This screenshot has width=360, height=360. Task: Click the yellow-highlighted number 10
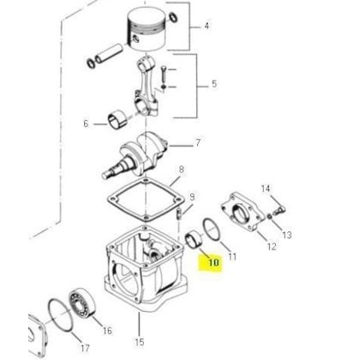point(213,262)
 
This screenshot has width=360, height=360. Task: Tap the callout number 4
point(207,27)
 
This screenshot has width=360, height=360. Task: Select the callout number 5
point(214,84)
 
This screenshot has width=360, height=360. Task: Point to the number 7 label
point(198,142)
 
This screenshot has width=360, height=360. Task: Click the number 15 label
point(140,342)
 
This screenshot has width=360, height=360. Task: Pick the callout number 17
point(85,348)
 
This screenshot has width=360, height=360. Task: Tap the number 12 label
point(272,246)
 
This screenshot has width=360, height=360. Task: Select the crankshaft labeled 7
point(135,156)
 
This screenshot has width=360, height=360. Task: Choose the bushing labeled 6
point(117,121)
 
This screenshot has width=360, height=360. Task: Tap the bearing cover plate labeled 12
point(243,212)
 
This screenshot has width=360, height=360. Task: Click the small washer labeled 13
point(269,217)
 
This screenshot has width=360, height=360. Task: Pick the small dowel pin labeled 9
point(180,213)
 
